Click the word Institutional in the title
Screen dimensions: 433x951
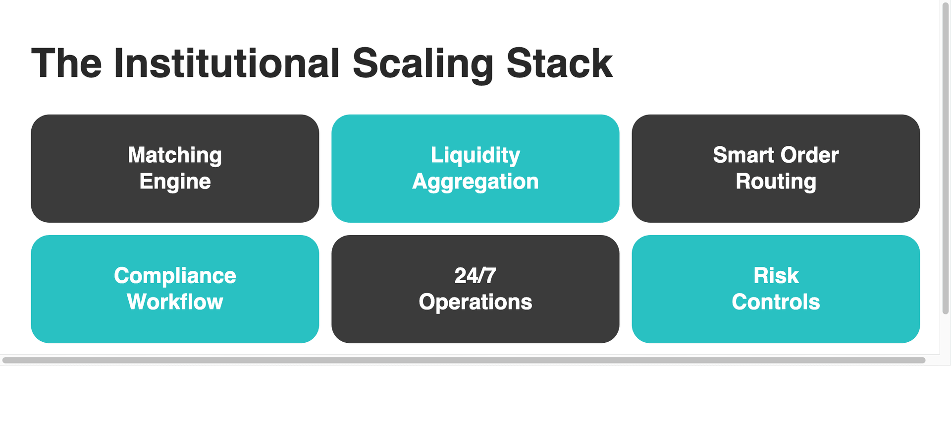point(227,63)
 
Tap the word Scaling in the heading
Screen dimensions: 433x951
point(423,63)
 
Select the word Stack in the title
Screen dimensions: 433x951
point(559,63)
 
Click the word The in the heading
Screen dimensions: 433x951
point(66,63)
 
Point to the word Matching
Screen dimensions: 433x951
point(175,155)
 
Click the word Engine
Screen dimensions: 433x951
point(175,182)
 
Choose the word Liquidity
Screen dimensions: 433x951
point(475,155)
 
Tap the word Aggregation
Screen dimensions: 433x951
point(475,182)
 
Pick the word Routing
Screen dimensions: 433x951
point(776,182)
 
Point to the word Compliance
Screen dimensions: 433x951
point(175,276)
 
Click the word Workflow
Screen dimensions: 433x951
point(175,302)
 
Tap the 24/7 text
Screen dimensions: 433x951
point(475,276)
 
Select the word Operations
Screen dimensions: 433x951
point(475,302)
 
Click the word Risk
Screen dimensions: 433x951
point(776,276)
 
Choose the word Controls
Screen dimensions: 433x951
point(776,302)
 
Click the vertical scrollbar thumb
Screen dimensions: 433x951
point(945,159)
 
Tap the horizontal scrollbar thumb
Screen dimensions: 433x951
point(464,360)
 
